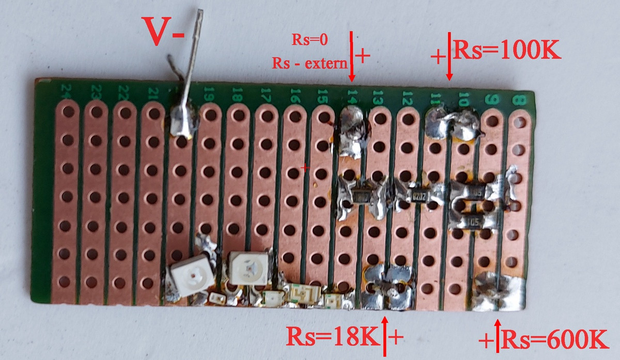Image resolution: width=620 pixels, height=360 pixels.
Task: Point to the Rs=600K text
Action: pyautogui.click(x=552, y=340)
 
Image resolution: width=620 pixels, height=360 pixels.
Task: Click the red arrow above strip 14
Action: pyautogui.click(x=352, y=56)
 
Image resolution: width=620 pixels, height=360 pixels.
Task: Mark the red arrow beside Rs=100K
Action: pyautogui.click(x=450, y=57)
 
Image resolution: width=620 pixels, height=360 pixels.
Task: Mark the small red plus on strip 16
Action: pyautogui.click(x=305, y=167)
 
